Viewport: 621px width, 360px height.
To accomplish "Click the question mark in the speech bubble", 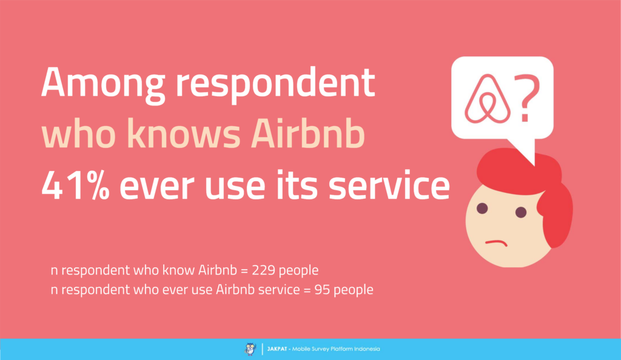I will pyautogui.click(x=527, y=99).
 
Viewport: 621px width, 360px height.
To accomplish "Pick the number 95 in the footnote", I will pyautogui.click(x=322, y=290).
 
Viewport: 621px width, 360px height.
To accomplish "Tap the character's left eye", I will pyautogui.click(x=483, y=208).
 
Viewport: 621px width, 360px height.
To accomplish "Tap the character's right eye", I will pyautogui.click(x=521, y=212).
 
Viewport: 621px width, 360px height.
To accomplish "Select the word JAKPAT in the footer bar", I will pyautogui.click(x=277, y=349).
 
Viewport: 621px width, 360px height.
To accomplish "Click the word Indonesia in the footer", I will pyautogui.click(x=367, y=349).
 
